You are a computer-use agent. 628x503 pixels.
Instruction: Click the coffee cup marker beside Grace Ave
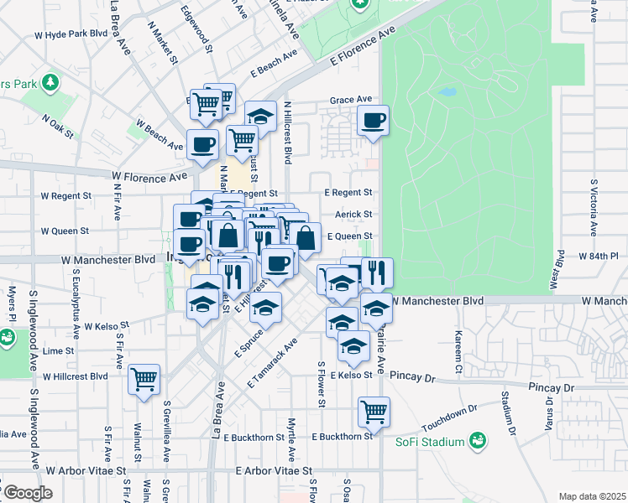tap(373, 119)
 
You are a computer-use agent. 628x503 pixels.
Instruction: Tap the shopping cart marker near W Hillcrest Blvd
tap(144, 379)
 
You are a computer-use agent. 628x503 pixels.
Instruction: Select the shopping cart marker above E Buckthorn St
tap(374, 411)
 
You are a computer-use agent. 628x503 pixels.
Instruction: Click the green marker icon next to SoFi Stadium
tap(478, 439)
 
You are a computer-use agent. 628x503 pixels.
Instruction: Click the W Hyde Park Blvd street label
tap(71, 34)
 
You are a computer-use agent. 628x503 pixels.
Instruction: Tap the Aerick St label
tap(353, 215)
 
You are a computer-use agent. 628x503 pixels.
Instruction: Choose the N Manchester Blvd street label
tap(438, 300)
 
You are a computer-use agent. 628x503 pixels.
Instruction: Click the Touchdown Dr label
tap(449, 414)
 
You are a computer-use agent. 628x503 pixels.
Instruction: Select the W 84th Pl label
tap(598, 255)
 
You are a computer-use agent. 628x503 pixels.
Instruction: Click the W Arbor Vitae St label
tap(85, 472)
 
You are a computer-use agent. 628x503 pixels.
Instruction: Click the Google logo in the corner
tap(27, 492)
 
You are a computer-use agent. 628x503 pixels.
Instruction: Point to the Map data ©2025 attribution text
tap(591, 496)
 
